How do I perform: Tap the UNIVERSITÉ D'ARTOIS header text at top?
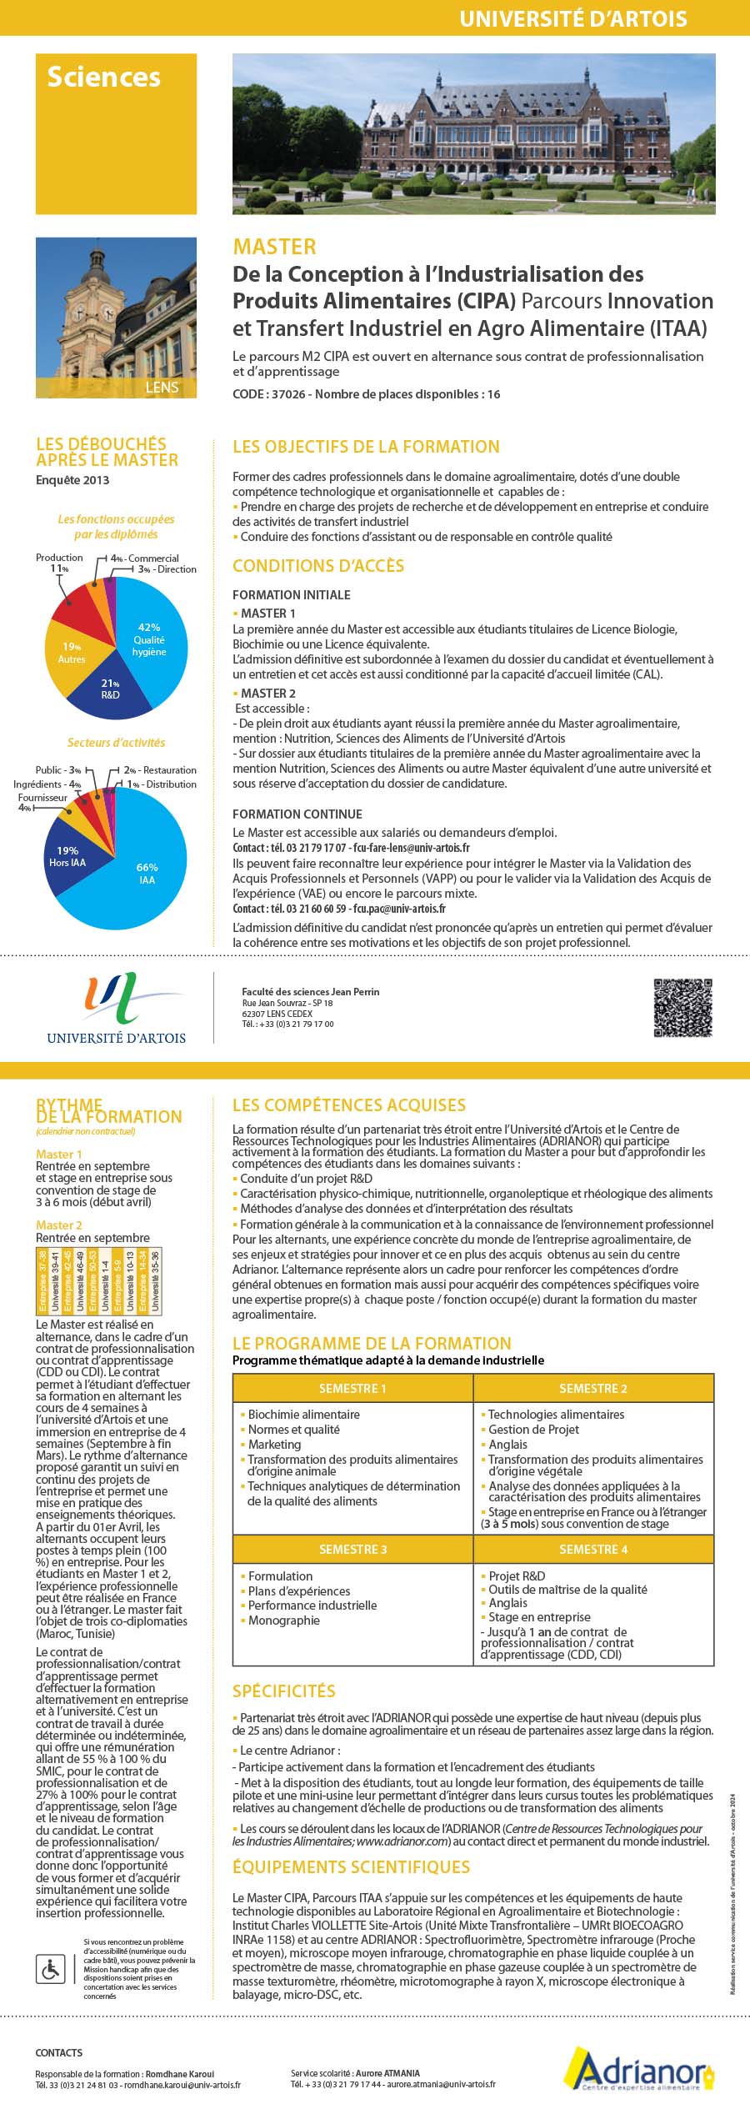click(x=573, y=18)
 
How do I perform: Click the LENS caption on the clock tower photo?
click(x=162, y=388)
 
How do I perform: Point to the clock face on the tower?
click(x=108, y=313)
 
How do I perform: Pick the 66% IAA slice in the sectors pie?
click(x=146, y=874)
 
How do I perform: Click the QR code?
click(x=682, y=1008)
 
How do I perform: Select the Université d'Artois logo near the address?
click(x=116, y=1008)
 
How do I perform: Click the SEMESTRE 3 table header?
click(x=352, y=1549)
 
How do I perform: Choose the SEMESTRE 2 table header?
click(x=593, y=1388)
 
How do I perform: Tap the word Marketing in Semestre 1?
click(x=274, y=1444)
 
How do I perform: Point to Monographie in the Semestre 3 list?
click(x=283, y=1620)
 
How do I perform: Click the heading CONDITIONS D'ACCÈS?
click(x=318, y=566)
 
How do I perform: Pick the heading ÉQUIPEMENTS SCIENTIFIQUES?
click(x=351, y=1867)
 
